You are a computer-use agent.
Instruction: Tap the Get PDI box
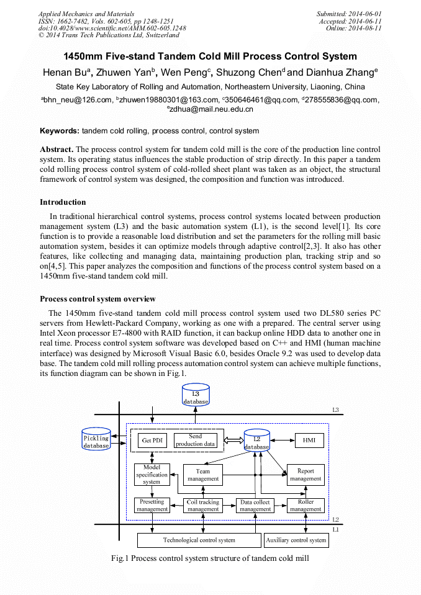(x=152, y=441)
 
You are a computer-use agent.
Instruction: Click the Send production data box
(x=195, y=441)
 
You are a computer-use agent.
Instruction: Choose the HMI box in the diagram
(x=309, y=441)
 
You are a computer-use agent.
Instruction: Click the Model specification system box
(x=152, y=475)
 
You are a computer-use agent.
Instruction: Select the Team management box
(x=203, y=475)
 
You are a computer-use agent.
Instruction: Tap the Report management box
(x=306, y=475)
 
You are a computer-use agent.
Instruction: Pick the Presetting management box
(x=152, y=505)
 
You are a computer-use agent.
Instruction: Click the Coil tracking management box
(x=203, y=506)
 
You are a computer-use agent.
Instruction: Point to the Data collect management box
(x=255, y=506)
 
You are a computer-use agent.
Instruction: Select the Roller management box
(x=306, y=505)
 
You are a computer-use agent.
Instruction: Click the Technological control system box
(x=199, y=540)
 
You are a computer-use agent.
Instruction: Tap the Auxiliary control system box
(x=296, y=540)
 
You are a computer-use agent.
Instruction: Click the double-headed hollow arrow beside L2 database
(x=233, y=440)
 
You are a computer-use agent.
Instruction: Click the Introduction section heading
(x=63, y=202)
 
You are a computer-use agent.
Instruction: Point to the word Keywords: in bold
(x=60, y=131)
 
